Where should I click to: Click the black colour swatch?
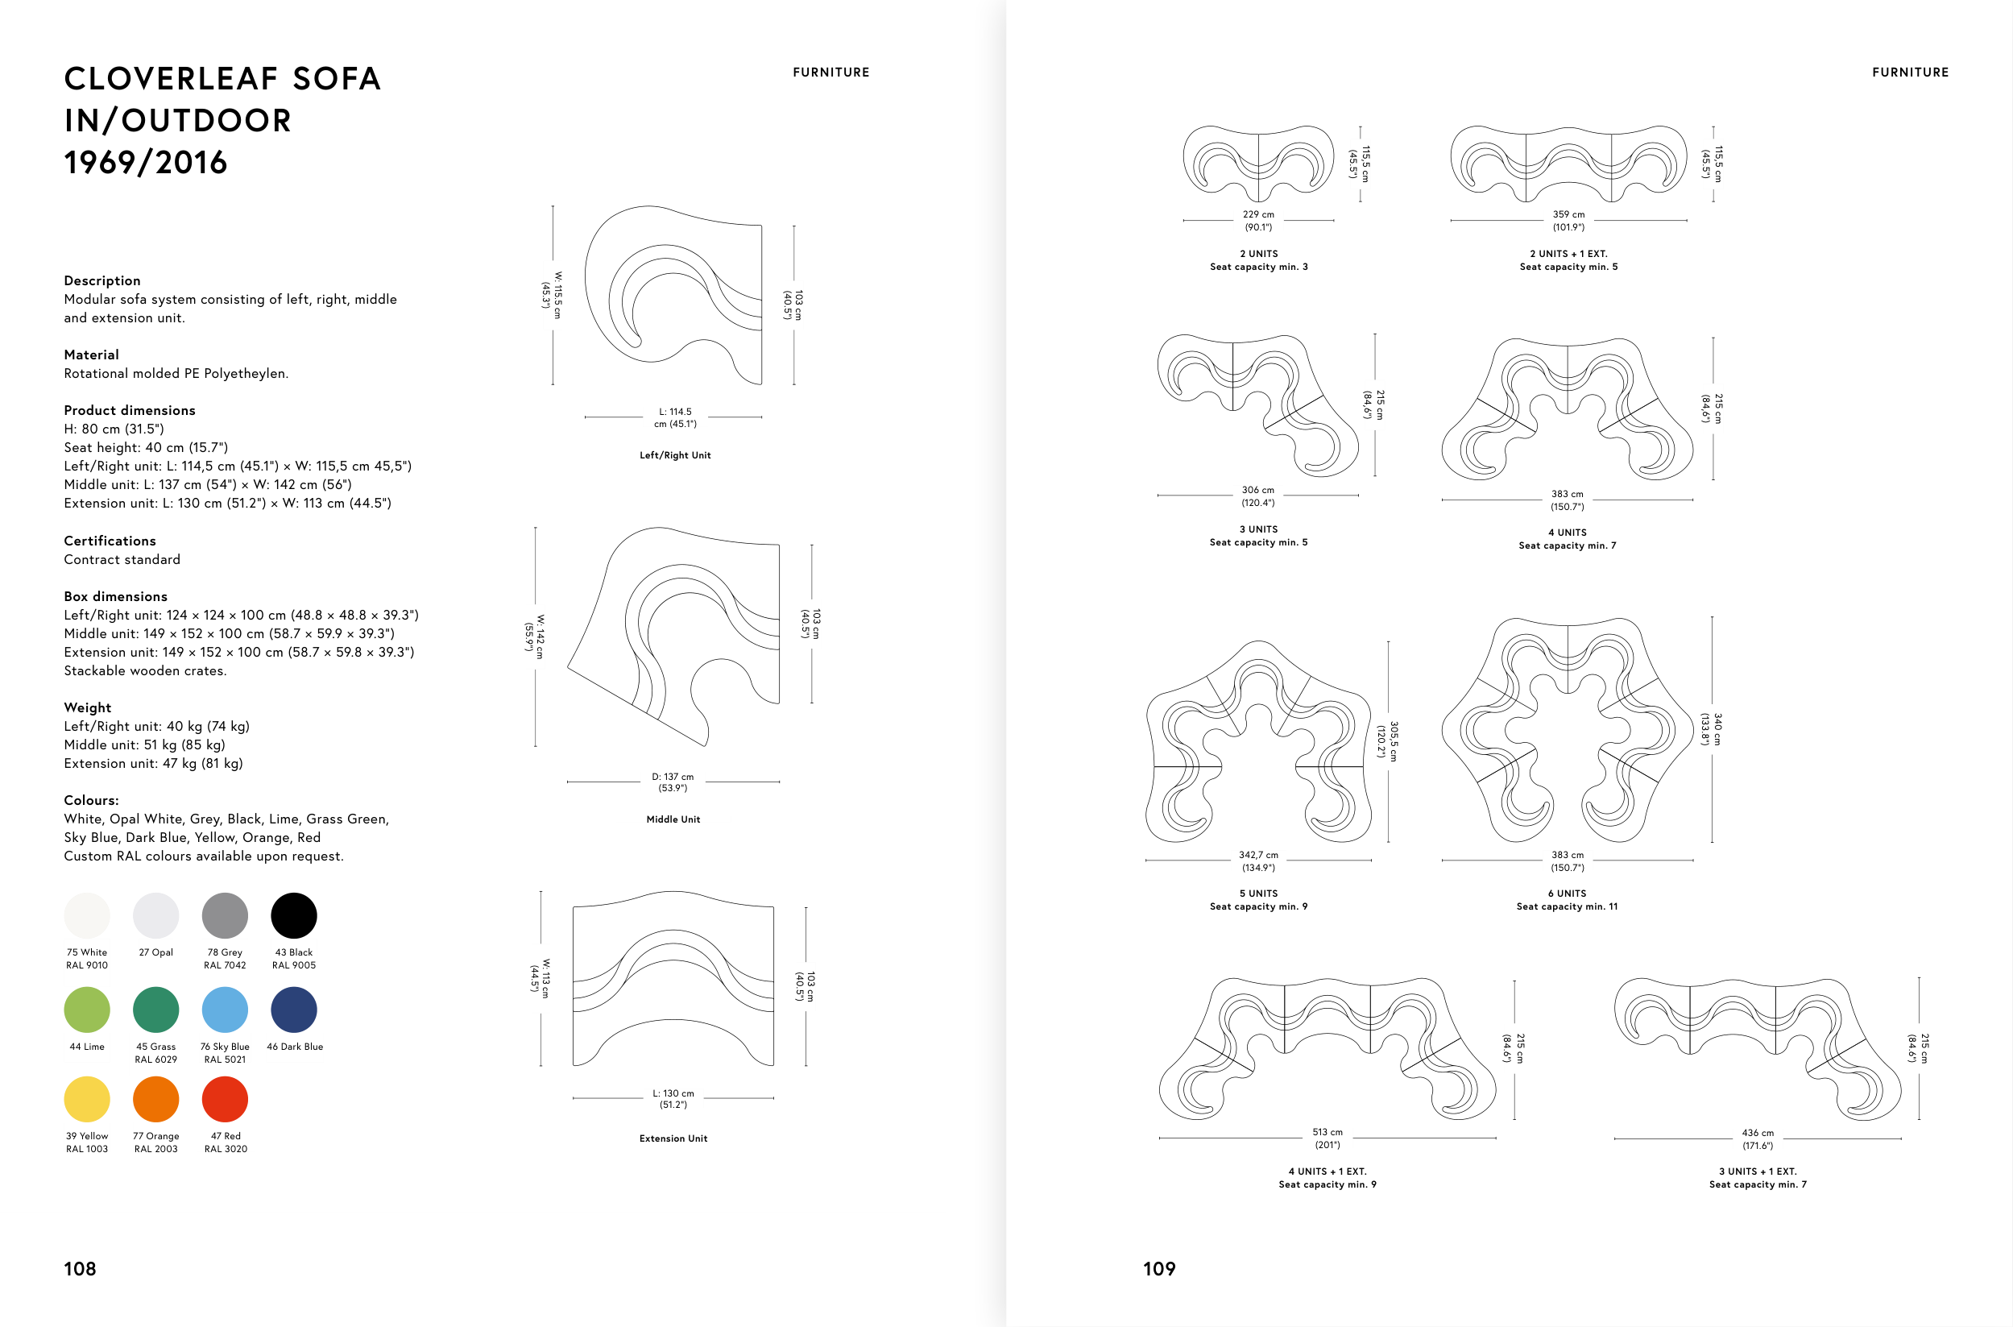click(x=294, y=916)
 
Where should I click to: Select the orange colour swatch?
click(x=155, y=1098)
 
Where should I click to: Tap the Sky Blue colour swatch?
click(x=225, y=1010)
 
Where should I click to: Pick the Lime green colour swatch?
click(x=87, y=1010)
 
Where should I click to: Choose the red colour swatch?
click(x=225, y=1098)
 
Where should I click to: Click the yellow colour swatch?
click(x=87, y=1098)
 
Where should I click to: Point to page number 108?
click(x=81, y=1269)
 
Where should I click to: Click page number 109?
click(x=1159, y=1269)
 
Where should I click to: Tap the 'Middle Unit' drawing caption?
click(x=673, y=819)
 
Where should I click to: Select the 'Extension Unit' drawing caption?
click(x=673, y=1138)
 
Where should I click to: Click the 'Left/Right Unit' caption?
click(x=675, y=455)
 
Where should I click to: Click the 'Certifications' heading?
click(x=110, y=541)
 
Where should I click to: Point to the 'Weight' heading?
click(x=88, y=707)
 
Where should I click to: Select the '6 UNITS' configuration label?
click(x=1567, y=894)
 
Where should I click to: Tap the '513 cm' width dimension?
click(x=1328, y=1132)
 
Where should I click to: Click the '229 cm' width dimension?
click(x=1258, y=215)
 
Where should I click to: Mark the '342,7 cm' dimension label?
click(x=1258, y=856)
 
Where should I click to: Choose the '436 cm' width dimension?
click(x=1758, y=1133)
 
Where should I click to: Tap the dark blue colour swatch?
click(x=294, y=1010)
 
